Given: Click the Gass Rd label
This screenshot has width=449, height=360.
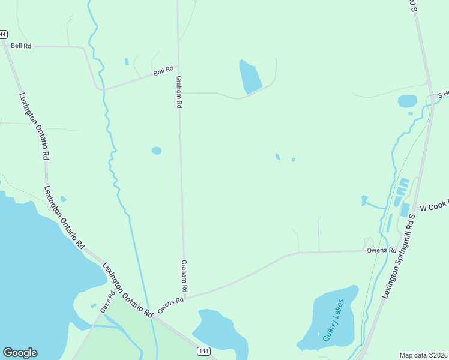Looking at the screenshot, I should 107,302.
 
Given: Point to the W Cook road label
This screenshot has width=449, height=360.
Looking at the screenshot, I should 433,207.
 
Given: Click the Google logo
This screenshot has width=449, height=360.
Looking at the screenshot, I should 20,353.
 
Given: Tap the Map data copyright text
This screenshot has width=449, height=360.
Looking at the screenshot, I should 423,355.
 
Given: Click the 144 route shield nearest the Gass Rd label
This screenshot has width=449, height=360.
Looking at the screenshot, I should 204,350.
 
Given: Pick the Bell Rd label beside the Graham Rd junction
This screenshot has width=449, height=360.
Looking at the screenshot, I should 163,71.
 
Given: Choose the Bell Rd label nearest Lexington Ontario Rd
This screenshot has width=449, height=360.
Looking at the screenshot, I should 20,46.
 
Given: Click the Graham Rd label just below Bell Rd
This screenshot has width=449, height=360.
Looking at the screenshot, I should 178,91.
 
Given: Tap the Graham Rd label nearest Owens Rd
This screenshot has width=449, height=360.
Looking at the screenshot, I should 184,276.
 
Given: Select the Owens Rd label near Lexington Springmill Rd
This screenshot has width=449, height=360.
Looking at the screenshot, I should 382,250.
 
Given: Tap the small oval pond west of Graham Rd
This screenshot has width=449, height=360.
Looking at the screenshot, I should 157,151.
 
